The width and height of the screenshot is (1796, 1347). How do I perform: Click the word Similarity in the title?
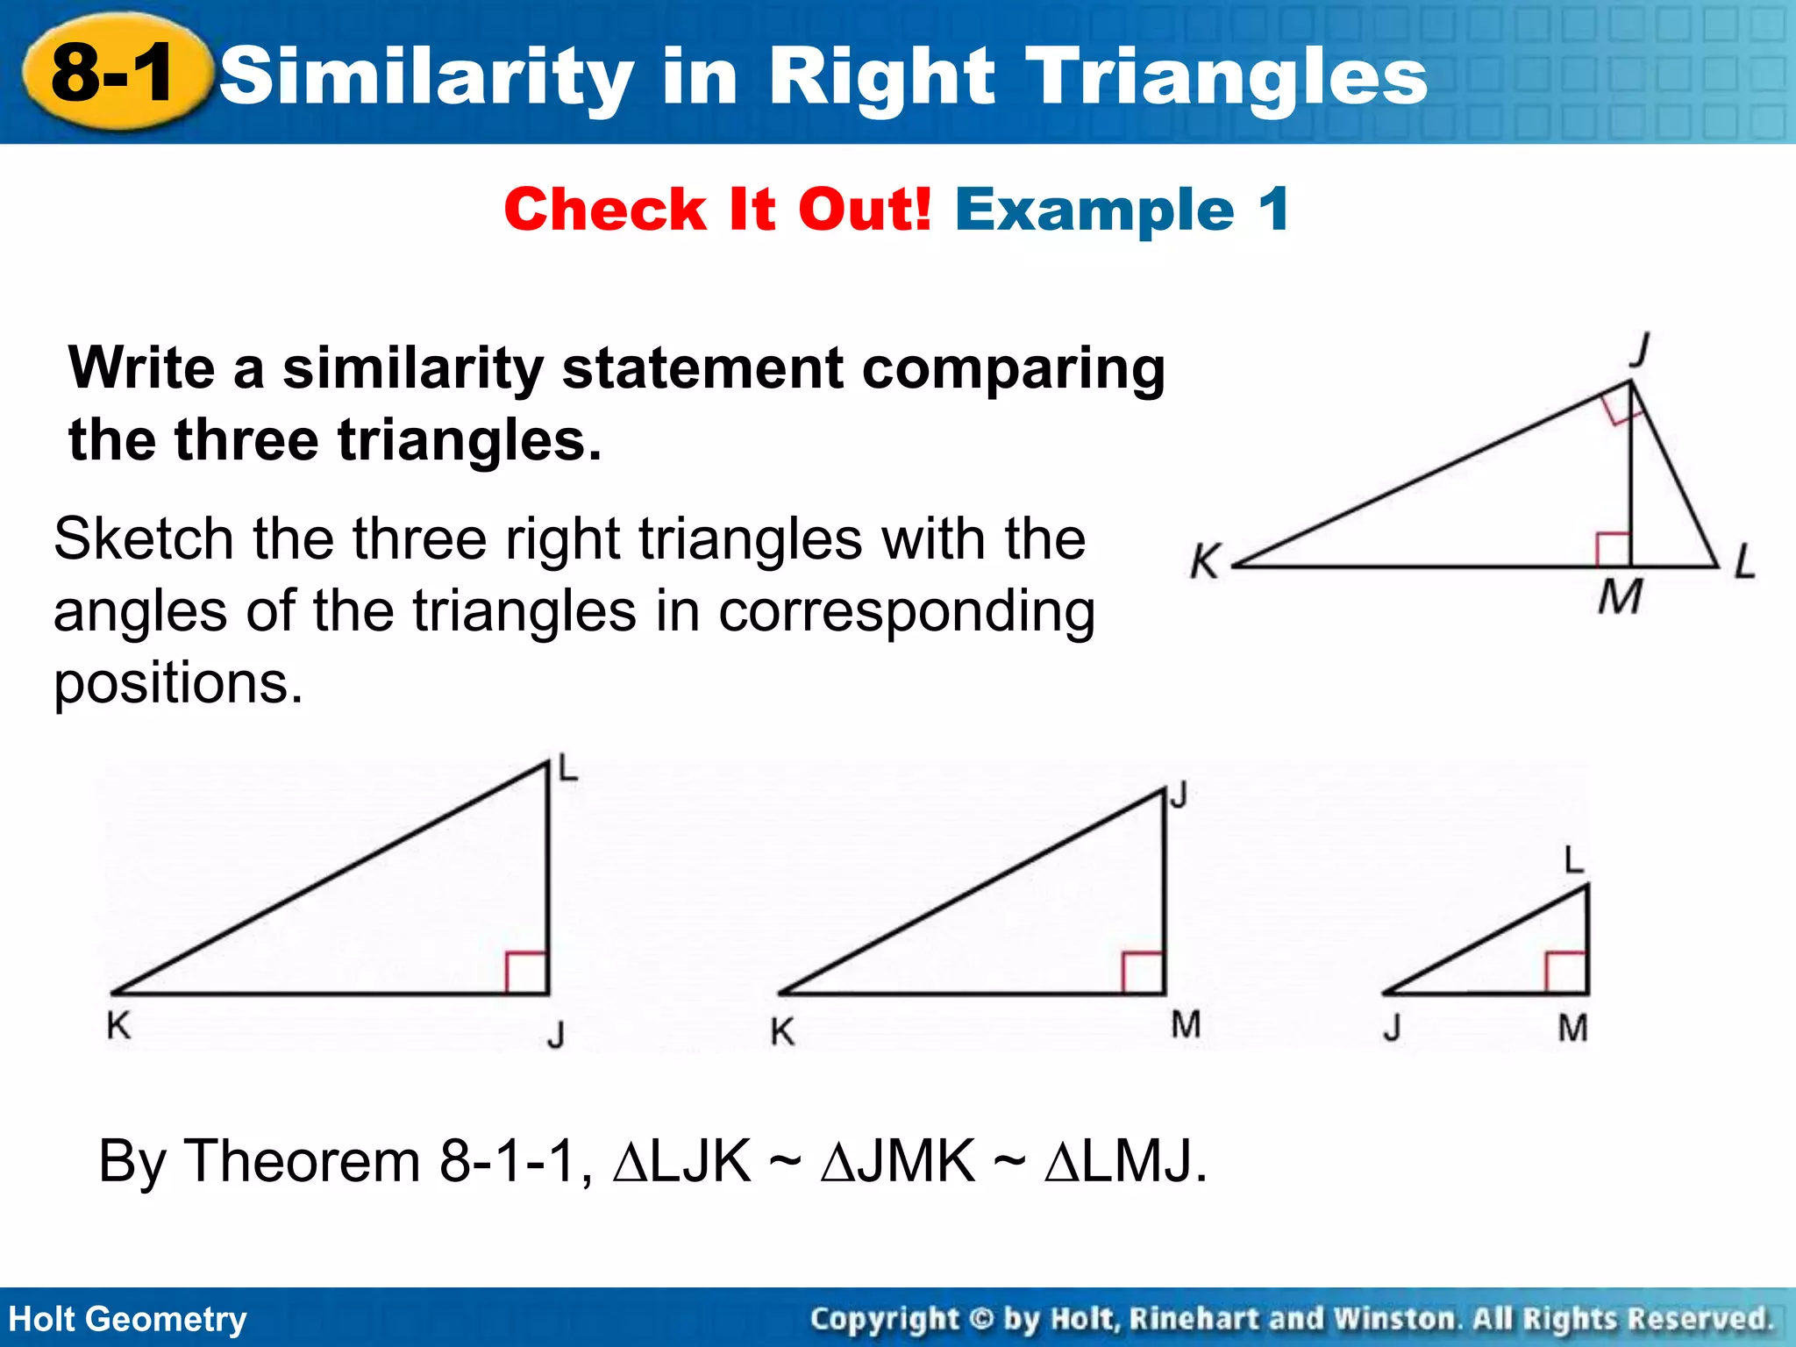tap(426, 77)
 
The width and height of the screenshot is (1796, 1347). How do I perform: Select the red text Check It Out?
tap(717, 210)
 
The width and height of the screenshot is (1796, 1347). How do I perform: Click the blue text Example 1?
tap(1122, 210)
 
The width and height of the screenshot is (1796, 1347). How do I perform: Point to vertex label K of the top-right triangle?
tap(1206, 561)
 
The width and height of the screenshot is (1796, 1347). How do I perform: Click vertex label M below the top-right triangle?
tap(1619, 599)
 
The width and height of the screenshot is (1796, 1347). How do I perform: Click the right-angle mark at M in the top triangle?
tap(1613, 549)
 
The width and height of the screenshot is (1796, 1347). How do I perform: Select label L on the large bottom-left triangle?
tap(569, 770)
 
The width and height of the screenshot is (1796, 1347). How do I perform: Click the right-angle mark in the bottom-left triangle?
tap(528, 973)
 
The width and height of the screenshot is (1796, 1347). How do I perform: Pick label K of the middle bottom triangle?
tap(782, 1032)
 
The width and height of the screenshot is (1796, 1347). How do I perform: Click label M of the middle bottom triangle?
tap(1186, 1024)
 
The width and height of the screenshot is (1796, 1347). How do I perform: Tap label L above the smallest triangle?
tap(1575, 860)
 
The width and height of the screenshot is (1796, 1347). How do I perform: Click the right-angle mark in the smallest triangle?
tap(1566, 973)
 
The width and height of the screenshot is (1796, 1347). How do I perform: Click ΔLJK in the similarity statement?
tap(682, 1161)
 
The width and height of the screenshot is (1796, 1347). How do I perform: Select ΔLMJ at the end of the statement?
tap(1125, 1161)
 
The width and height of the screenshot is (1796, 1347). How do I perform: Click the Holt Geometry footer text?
tap(128, 1319)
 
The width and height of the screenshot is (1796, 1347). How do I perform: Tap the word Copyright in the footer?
tap(884, 1319)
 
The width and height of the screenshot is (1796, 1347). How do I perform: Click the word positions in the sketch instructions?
tap(178, 684)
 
